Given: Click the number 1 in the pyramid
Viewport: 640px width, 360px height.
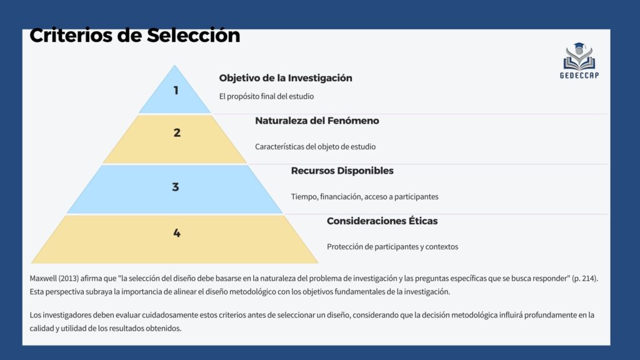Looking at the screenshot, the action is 176,90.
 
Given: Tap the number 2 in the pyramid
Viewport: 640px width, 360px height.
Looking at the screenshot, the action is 177,132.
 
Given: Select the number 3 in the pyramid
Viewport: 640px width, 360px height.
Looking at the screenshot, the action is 176,187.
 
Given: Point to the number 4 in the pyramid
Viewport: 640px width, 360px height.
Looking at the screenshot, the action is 177,233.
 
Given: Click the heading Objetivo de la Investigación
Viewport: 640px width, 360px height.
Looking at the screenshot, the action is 286,78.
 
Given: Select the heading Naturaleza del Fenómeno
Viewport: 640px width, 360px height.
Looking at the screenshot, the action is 317,121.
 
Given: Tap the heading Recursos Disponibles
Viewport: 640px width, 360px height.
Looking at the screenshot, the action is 342,171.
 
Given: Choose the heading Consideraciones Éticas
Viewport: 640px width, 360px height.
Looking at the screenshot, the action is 382,221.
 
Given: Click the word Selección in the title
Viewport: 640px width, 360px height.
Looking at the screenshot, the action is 194,36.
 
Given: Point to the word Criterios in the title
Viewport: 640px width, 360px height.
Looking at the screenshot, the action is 71,36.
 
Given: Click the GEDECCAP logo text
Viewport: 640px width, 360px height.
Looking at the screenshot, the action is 579,76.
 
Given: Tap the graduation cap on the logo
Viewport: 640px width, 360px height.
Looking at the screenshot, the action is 579,46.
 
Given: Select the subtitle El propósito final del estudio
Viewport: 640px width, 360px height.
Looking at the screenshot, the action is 266,96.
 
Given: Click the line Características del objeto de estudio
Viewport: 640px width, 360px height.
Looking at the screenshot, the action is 315,146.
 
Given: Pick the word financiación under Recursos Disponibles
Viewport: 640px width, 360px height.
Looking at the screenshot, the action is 341,197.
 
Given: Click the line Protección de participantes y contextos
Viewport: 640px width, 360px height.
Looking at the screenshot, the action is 392,246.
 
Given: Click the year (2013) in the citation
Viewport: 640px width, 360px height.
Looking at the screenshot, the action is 69,278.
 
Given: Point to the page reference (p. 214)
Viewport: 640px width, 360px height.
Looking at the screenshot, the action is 585,278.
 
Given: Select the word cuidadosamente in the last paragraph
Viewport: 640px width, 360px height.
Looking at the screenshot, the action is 167,315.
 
